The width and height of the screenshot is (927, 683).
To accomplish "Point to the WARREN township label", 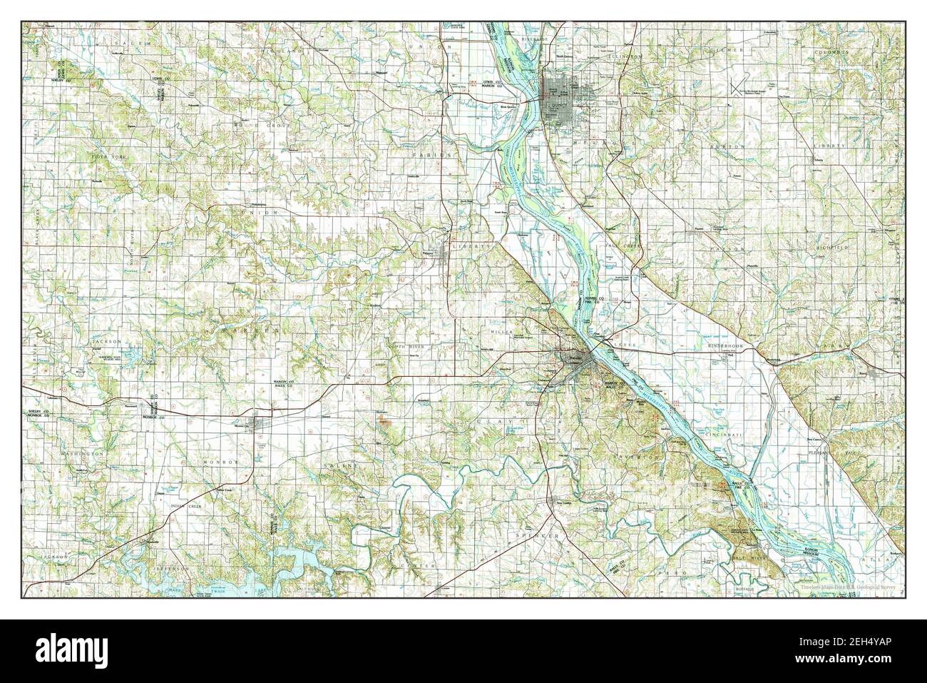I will click(244, 332).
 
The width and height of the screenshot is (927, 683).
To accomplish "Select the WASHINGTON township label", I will click(81, 453).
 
